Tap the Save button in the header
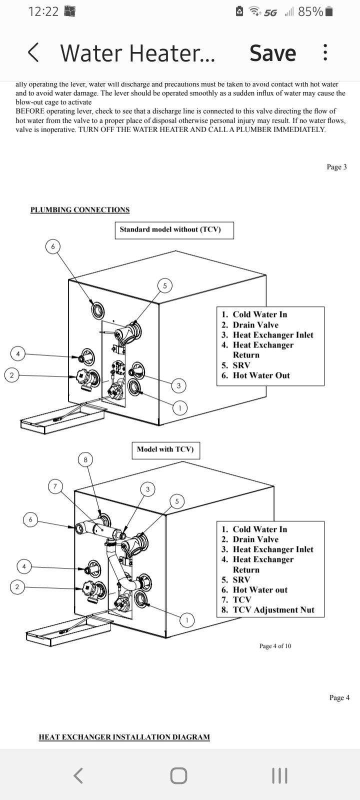coord(272,53)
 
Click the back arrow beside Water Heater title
coord(33,52)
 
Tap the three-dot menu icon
coord(325,52)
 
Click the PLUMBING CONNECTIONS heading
coord(80,210)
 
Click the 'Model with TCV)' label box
coord(165,449)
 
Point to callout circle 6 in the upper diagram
coord(53,246)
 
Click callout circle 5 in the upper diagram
coord(164,285)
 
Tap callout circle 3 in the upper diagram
coord(178,385)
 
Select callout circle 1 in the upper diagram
coord(180,408)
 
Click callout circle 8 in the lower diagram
coord(85,459)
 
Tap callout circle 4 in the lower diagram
coord(24,566)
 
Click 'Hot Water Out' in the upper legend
coord(261,375)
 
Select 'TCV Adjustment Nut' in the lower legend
coord(273,610)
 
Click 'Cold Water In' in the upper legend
coord(259,314)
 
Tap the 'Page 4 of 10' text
coord(275,646)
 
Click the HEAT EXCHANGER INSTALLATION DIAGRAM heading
coord(124,737)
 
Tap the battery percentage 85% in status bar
coord(310,11)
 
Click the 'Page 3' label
coord(336,167)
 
